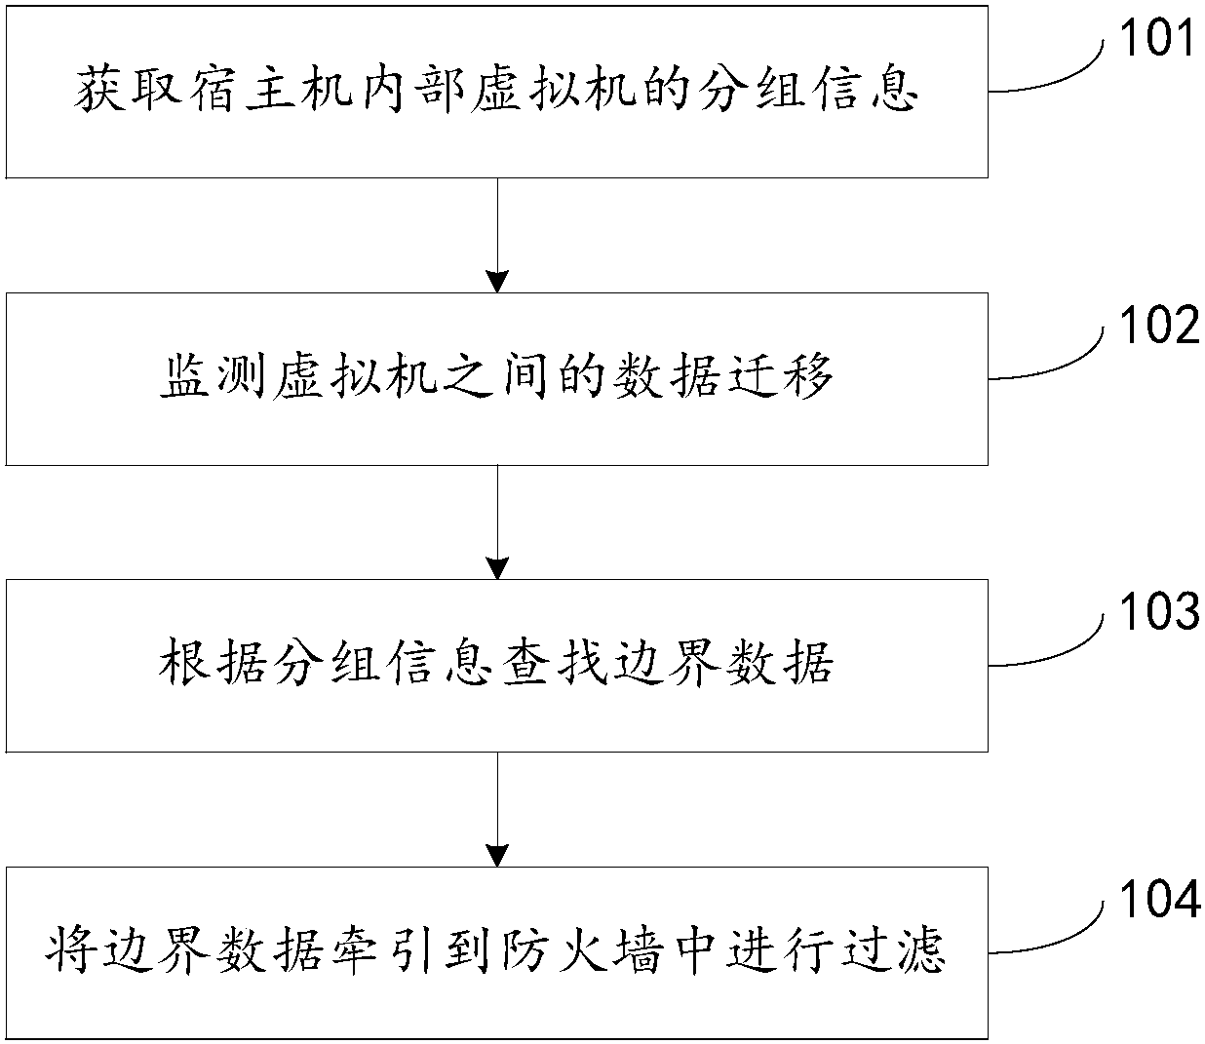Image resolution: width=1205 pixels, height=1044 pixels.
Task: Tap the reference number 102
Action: tap(1157, 328)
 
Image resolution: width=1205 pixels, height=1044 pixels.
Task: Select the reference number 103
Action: tap(1157, 614)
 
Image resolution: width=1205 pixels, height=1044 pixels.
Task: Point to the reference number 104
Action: tap(1157, 901)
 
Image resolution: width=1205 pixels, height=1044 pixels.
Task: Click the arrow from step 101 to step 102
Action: tap(498, 235)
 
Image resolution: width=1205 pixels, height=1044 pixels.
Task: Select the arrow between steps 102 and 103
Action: tap(498, 522)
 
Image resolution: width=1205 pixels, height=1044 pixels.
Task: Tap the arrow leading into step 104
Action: tap(498, 809)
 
